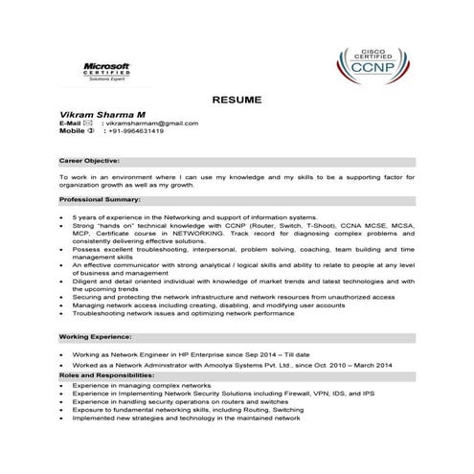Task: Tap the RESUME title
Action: [x=236, y=100]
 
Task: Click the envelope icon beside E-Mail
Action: [x=88, y=124]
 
